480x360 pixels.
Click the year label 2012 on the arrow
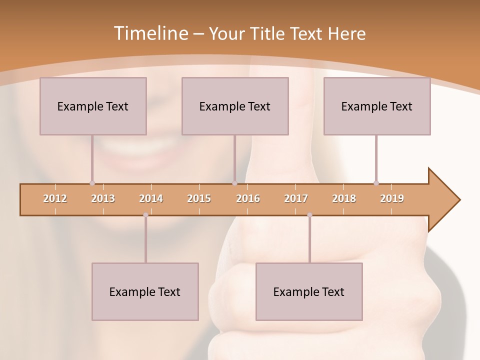point(55,198)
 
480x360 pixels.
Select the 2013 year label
point(103,198)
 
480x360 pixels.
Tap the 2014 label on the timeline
point(151,198)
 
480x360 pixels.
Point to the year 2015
point(199,198)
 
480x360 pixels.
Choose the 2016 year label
point(248,198)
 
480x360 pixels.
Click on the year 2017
point(296,198)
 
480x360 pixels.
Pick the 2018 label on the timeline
point(344,198)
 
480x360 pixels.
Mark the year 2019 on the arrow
point(392,198)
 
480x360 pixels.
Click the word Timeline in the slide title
point(150,33)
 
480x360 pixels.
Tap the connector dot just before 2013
point(92,183)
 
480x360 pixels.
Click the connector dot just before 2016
point(234,183)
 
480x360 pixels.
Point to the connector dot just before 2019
point(376,183)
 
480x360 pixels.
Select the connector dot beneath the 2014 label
point(145,215)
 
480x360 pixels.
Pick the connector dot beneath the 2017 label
point(309,215)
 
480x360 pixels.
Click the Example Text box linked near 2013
point(93,106)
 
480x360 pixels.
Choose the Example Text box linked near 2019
point(377,106)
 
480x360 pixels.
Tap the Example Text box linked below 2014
point(145,291)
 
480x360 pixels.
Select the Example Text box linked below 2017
point(309,291)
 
